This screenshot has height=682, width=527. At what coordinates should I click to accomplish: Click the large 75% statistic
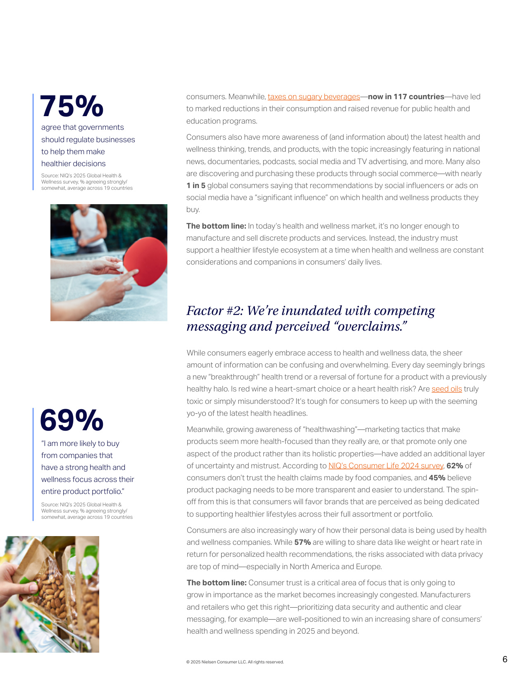[x=72, y=106]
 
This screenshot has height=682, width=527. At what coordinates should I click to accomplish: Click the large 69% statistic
[x=72, y=420]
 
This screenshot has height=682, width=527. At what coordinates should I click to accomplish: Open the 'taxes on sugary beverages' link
[x=314, y=97]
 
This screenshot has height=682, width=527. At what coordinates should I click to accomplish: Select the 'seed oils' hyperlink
[x=446, y=389]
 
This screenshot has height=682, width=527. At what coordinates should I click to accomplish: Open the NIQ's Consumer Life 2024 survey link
[x=386, y=466]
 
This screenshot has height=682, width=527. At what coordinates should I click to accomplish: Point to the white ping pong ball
[x=120, y=267]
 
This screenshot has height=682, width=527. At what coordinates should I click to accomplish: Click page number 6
[x=505, y=659]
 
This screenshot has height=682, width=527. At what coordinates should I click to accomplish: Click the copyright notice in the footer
[x=235, y=662]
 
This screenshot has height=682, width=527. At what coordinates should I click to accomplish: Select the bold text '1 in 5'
[x=196, y=186]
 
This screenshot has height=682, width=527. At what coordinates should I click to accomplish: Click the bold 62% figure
[x=455, y=466]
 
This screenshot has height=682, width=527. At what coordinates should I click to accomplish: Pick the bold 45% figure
[x=437, y=478]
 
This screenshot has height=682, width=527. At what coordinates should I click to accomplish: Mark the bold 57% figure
[x=302, y=542]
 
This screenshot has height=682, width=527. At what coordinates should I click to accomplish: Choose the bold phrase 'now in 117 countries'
[x=406, y=97]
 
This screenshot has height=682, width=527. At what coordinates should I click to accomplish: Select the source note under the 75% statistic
[x=87, y=182]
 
